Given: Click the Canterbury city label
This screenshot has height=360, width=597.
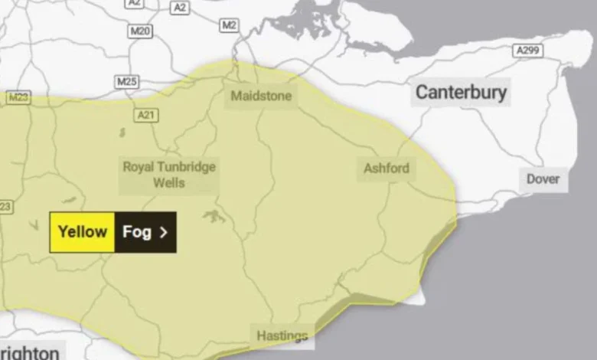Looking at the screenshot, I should click(x=461, y=93).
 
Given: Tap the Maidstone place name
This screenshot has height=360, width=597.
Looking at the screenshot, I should click(x=261, y=97).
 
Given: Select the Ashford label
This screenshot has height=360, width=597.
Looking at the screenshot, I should click(x=387, y=168).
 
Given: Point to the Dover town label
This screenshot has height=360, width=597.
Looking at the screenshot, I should click(x=543, y=180).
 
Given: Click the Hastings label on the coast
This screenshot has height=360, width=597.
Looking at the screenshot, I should click(x=282, y=335).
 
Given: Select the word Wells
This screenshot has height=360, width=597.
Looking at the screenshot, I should click(x=169, y=184).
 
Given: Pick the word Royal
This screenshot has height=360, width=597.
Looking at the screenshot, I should click(x=139, y=167).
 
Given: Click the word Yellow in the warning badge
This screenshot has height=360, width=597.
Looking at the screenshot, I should click(x=82, y=231).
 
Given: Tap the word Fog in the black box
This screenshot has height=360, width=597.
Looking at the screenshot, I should click(x=136, y=231).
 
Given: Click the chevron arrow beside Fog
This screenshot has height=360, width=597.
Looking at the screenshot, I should click(x=163, y=232).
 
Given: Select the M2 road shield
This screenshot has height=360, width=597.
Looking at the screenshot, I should click(x=229, y=25).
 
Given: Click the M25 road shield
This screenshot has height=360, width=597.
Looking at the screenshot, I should click(x=127, y=80).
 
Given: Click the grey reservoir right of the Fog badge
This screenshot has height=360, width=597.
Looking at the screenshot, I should click(x=214, y=217).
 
